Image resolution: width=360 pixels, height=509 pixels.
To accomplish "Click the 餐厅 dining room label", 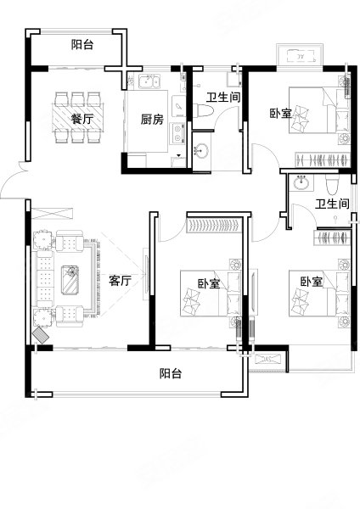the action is point(82,119).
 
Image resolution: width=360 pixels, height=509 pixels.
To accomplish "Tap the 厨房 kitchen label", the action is point(152,120).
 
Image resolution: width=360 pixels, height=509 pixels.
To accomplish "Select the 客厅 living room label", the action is point(120,280).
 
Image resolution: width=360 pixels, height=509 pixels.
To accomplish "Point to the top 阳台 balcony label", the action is point(82,44).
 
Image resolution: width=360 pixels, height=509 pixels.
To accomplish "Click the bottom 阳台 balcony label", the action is point(171,373).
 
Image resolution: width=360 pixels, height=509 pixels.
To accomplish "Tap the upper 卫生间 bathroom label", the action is point(224,97).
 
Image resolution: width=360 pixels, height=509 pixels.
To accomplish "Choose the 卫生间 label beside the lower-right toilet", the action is point(332,204).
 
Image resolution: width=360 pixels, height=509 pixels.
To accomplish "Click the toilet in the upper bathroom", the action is point(203,111).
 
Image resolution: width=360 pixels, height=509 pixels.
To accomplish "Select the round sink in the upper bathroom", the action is point(201,151).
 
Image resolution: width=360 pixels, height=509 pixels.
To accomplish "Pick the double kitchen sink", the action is point(149,81).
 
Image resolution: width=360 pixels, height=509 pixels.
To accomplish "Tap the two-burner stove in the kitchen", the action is point(177,133).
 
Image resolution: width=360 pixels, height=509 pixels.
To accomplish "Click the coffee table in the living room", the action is point(71,279).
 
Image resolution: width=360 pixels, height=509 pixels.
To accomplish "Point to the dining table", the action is point(78,117).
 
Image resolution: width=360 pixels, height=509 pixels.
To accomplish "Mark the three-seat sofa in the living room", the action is point(45,279).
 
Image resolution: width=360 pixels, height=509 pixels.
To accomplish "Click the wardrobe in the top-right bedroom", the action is point(323,159).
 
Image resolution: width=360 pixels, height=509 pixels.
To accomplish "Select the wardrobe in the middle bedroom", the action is point(215,226).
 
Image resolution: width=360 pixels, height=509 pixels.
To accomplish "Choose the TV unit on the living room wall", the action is point(146,275).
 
